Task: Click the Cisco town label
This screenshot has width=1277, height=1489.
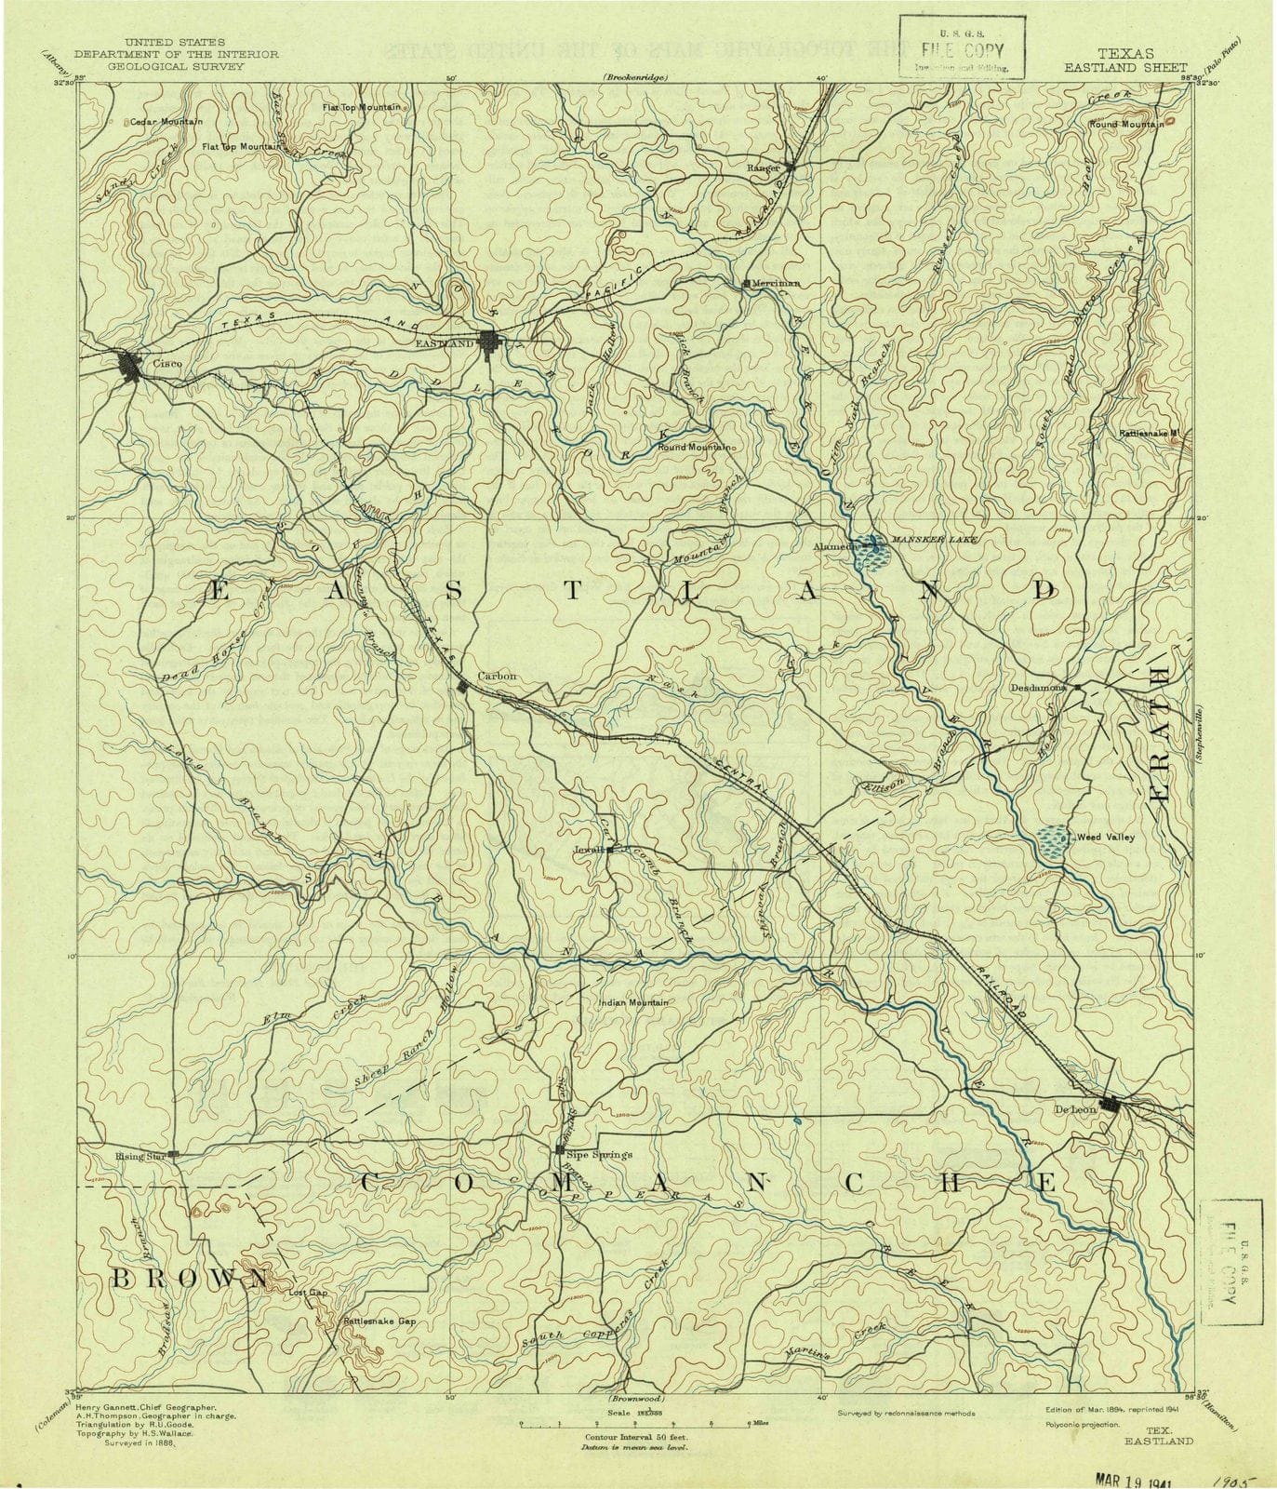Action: pos(167,364)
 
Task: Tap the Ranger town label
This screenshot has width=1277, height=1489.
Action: pos(762,168)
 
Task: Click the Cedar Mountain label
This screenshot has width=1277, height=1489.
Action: pos(160,122)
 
